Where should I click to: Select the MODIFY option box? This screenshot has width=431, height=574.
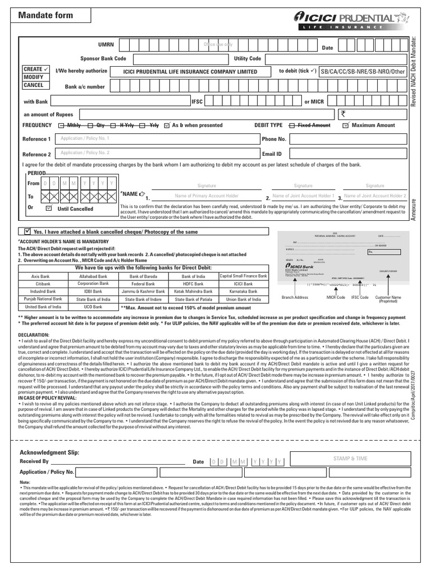[33, 77]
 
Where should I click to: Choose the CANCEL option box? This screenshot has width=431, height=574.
[33, 86]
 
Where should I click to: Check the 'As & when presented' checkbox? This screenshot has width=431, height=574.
[167, 126]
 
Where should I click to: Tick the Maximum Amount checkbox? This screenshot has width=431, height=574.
[346, 126]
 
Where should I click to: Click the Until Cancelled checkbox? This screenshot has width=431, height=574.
[48, 208]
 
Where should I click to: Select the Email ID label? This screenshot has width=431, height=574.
[271, 154]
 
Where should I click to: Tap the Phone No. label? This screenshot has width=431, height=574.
[274, 139]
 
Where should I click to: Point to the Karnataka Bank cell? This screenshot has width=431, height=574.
[244, 292]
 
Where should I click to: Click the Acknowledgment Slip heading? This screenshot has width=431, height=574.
[50, 452]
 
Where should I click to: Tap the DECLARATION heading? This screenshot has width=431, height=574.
[35, 335]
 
